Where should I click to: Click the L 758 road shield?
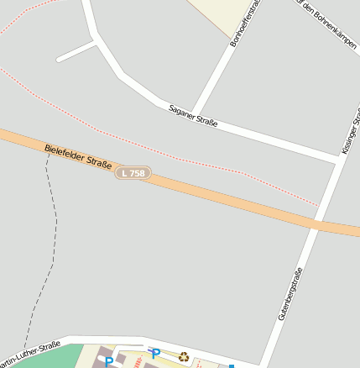133,173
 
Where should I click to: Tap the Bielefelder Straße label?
78,158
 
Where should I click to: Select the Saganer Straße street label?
193,117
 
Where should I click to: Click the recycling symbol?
184,356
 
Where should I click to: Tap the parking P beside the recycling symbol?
155,355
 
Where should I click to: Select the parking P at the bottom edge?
108,362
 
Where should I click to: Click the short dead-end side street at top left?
76,51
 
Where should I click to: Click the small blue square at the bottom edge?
232,365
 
